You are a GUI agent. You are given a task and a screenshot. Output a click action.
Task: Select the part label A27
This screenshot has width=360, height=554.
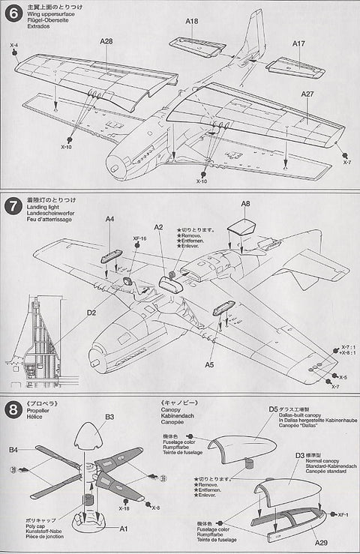(307, 94)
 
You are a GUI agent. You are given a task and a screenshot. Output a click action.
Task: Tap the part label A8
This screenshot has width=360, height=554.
(245, 204)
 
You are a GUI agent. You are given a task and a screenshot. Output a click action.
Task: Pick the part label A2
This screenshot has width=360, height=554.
(158, 226)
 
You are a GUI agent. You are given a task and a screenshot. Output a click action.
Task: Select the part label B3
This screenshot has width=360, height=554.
(109, 416)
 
